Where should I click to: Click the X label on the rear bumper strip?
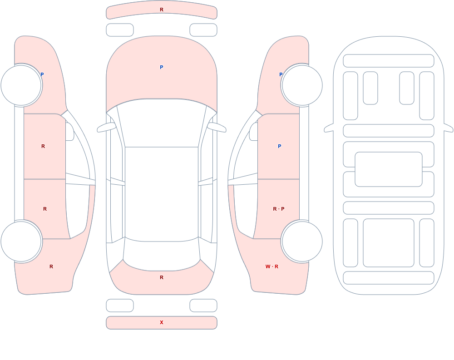coord(162,322)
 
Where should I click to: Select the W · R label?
coord(272,266)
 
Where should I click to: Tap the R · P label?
coord(279,209)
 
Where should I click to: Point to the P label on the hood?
coord(162,67)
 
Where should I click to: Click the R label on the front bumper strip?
coord(162,10)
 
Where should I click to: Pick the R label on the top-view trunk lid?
coord(162,277)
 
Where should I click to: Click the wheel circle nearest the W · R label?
coord(302,241)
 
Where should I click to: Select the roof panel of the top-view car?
coord(162,194)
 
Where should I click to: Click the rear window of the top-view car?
coord(162,255)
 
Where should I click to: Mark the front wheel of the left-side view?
coord(21,85)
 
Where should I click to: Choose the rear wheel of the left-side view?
coord(21,241)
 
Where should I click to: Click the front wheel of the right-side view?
coord(302,85)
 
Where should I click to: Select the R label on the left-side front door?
coord(43,146)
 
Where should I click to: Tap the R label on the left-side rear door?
coord(45,209)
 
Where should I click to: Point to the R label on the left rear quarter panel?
coord(51,266)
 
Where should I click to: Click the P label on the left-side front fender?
coord(42,74)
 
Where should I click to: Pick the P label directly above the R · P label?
coord(279,146)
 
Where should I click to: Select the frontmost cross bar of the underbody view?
coord(389,61)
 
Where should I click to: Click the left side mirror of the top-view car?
coord(106,127)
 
